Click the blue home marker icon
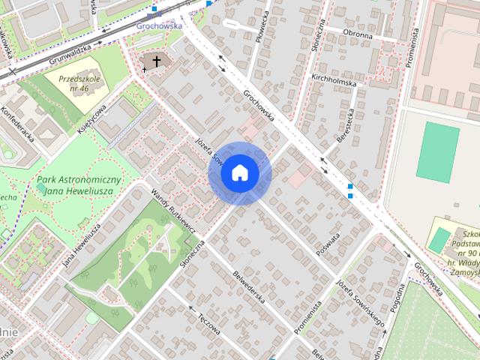tap(239, 173)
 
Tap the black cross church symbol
tap(157, 61)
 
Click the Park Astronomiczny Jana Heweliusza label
tap(79, 186)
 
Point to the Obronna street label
tap(357, 34)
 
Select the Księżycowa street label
tap(93, 118)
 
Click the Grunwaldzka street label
tap(70, 50)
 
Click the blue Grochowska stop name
tap(160, 25)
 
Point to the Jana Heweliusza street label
tap(82, 244)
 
